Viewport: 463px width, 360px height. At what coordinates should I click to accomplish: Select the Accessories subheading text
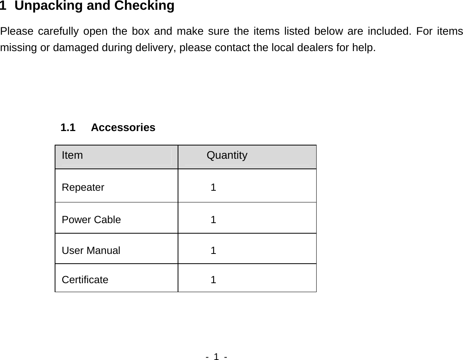coord(123,128)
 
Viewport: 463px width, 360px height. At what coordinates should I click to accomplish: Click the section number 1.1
coord(68,128)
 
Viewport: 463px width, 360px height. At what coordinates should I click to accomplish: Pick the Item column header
coord(72,156)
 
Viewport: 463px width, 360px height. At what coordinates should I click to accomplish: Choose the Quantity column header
coord(227,156)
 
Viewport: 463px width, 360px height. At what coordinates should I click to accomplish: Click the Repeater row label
coord(83,188)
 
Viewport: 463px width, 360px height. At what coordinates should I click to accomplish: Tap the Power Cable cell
coord(91,220)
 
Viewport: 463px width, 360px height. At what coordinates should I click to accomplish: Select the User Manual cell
coord(91,250)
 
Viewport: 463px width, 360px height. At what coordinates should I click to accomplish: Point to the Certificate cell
coord(85,280)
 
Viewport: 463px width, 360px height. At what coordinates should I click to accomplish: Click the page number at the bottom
coord(216,356)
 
